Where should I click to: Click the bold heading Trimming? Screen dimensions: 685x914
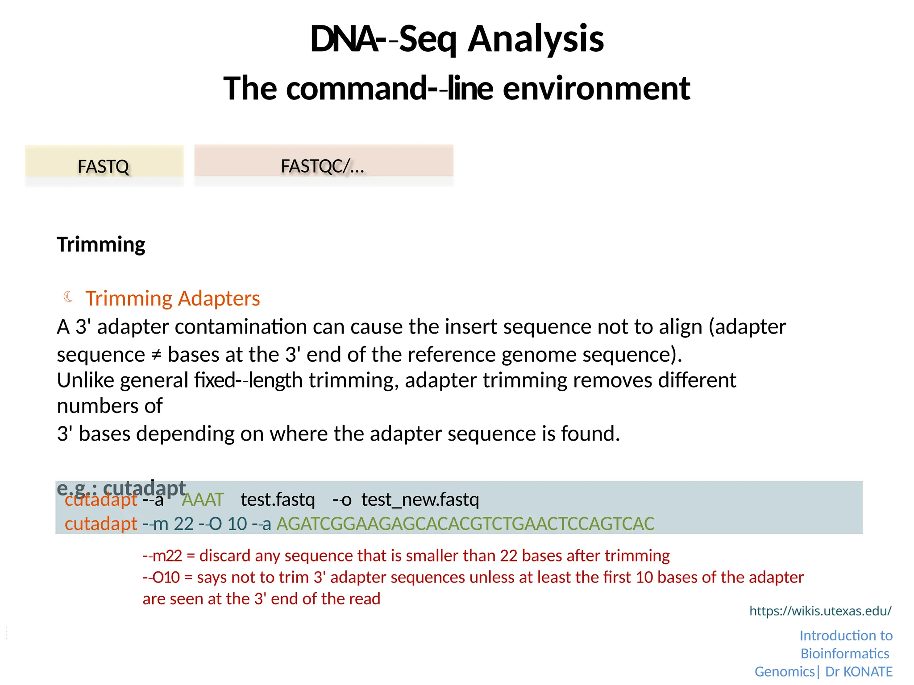coord(101,244)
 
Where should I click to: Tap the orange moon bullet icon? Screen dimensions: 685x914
coord(68,296)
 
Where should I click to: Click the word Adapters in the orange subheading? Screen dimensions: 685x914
coord(218,298)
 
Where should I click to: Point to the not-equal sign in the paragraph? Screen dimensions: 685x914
coord(156,355)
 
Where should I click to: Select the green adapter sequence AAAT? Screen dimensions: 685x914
coord(203,499)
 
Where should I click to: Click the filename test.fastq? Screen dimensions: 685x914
coord(278,499)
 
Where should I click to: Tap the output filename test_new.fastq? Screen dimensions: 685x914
coord(420,499)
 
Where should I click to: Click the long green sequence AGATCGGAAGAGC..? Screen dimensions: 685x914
coord(465,524)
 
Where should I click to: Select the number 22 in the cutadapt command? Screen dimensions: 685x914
coord(183,524)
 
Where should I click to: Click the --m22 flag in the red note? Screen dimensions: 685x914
coord(162,556)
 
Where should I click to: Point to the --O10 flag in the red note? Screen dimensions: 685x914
coord(161,578)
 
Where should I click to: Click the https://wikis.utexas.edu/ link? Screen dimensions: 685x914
coord(820,611)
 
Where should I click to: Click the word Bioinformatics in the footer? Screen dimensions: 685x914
coord(845,653)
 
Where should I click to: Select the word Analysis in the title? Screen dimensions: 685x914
coord(536,39)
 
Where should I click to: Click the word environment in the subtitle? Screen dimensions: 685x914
coord(596,88)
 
